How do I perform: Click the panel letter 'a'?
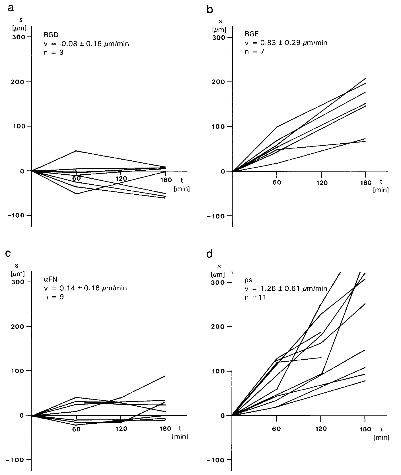click(11, 9)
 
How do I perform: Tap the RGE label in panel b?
click(252, 34)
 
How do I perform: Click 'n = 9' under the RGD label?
click(54, 52)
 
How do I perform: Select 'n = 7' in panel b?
click(254, 52)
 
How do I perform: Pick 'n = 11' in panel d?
click(255, 298)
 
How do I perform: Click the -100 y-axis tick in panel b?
click(218, 216)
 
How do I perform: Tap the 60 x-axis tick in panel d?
click(277, 429)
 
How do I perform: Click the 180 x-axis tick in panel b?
click(365, 183)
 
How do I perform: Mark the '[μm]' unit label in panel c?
click(17, 274)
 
